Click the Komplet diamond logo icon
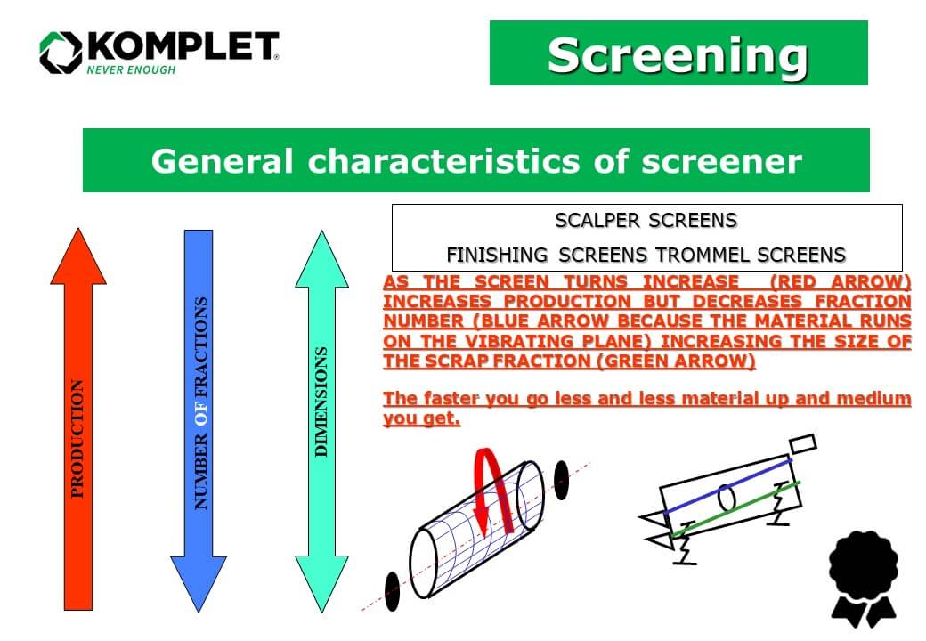61,53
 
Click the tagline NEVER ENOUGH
131,70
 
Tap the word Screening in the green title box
678,55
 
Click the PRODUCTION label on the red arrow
78,438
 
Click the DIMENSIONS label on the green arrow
321,402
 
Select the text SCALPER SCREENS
646,220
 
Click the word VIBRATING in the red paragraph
522,341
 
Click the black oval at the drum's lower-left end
392,591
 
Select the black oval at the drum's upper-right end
561,480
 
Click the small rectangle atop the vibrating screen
803,444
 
